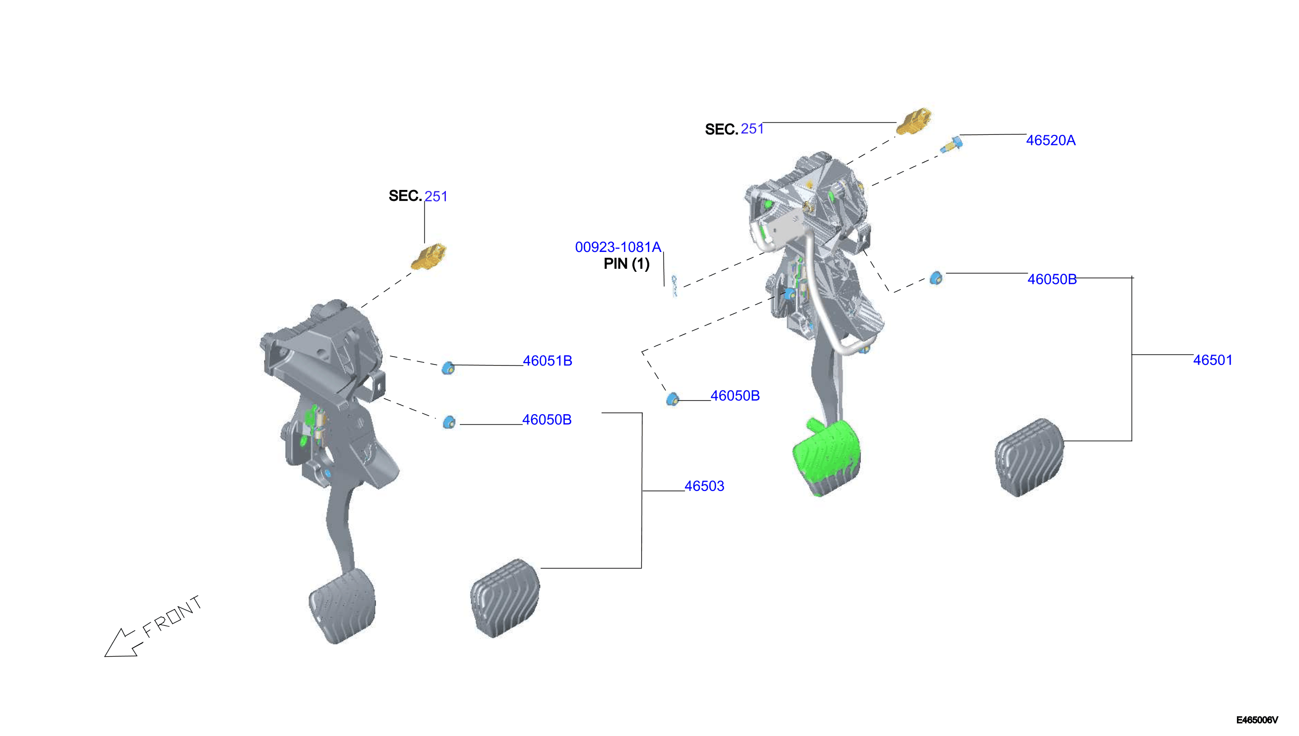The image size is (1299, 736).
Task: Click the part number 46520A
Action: pyautogui.click(x=1051, y=140)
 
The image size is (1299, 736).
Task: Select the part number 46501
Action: pyautogui.click(x=1213, y=360)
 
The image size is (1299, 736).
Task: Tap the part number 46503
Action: pyautogui.click(x=704, y=486)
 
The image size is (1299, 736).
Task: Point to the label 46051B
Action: pyautogui.click(x=548, y=361)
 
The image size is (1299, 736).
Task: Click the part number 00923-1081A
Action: pyautogui.click(x=618, y=247)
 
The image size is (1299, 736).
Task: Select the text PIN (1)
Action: pyautogui.click(x=627, y=264)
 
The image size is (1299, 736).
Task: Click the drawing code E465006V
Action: pyautogui.click(x=1257, y=720)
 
